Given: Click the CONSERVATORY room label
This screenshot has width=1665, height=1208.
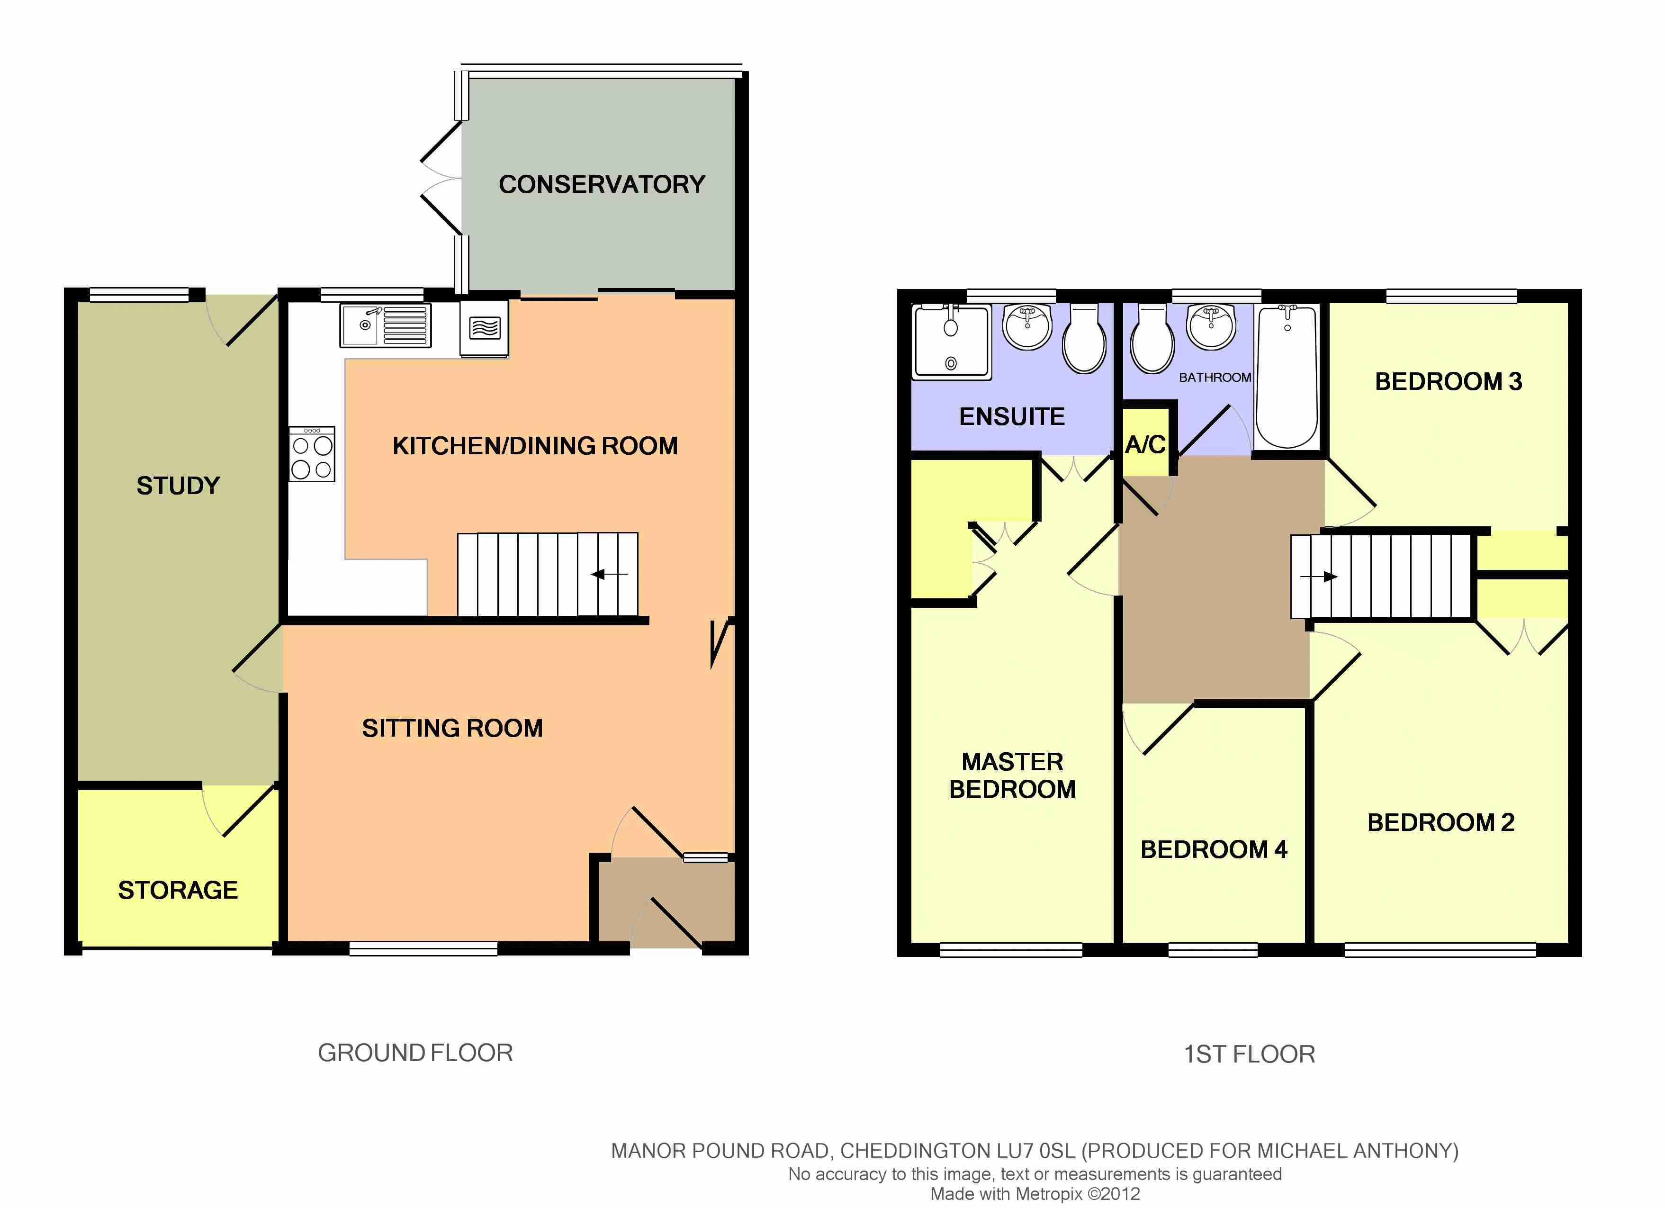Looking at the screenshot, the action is (602, 184).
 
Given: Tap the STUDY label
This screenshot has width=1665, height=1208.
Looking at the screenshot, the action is (179, 486).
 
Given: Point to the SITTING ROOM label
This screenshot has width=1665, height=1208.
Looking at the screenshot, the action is (452, 728).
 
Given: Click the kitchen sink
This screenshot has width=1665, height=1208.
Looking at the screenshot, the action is (386, 325).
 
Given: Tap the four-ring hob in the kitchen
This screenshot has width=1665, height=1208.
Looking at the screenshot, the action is (312, 454).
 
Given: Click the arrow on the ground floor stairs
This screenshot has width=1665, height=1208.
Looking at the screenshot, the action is (609, 574).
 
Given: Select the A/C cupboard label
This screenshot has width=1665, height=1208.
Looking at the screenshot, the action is (1145, 444).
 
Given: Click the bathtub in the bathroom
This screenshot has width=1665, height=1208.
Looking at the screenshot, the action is (1287, 378).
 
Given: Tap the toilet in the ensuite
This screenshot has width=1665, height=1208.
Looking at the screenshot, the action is (1084, 339).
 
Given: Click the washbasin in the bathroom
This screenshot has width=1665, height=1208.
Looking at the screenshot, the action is (1211, 327).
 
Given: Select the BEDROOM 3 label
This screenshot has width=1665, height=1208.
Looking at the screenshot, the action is (1449, 382).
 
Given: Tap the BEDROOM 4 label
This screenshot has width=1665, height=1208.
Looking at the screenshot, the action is (1214, 850).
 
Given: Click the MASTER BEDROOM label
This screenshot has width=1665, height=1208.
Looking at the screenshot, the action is (1012, 775).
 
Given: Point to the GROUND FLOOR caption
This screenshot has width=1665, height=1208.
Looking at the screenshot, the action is (415, 1053).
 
